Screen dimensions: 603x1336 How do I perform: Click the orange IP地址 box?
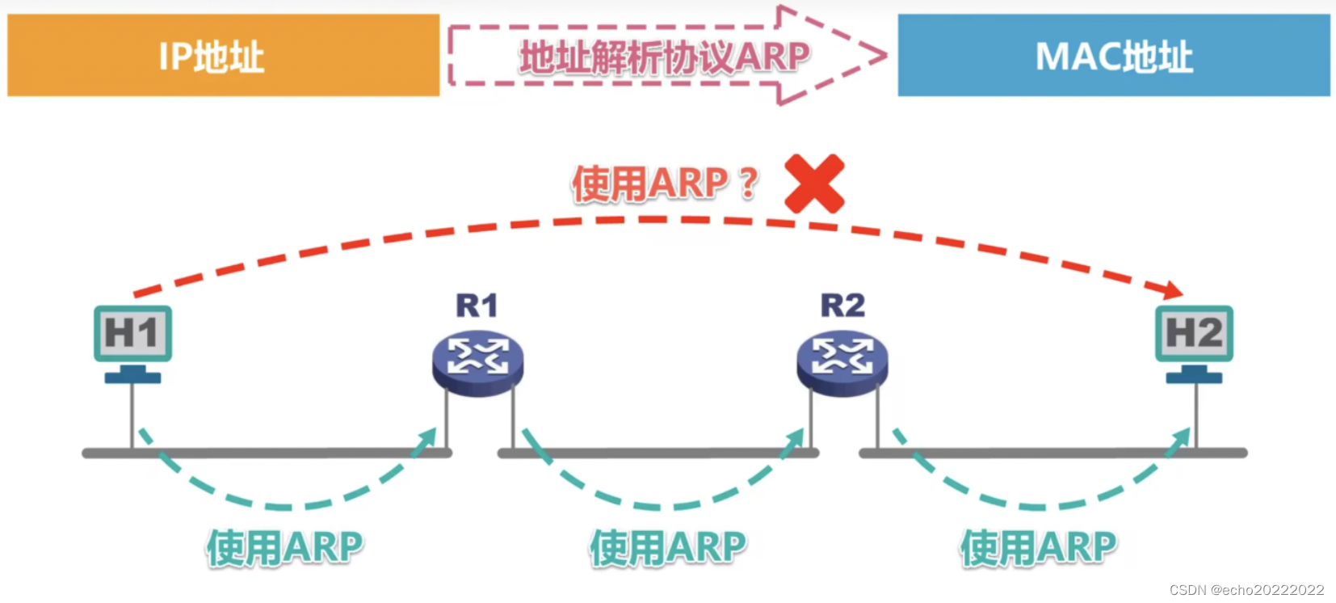[223, 55]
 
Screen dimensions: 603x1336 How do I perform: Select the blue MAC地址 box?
[1113, 55]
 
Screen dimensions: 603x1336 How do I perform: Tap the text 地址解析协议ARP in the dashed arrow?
[664, 57]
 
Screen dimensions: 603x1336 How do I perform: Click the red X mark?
[814, 184]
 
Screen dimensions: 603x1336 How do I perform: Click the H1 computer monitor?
[132, 334]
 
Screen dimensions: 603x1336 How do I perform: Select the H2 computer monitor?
[1194, 334]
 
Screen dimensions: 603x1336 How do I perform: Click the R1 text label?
[477, 306]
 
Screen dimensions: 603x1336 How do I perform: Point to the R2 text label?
[842, 306]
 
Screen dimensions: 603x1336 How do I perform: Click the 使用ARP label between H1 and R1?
[284, 547]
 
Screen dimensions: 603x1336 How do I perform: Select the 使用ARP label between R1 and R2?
[668, 547]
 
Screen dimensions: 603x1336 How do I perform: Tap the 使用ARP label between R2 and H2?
[1038, 547]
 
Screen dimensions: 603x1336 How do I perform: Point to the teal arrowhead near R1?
[426, 440]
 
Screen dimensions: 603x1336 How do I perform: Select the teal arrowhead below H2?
[1181, 440]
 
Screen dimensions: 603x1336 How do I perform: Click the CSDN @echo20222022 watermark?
[1246, 590]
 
